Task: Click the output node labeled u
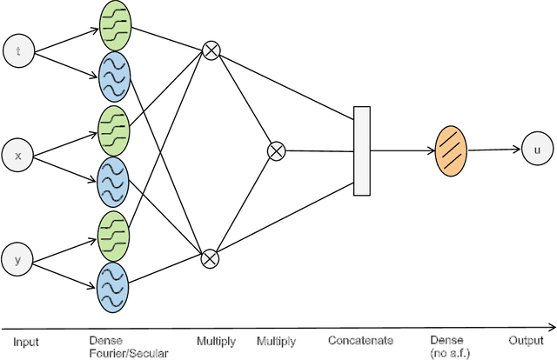tap(536, 150)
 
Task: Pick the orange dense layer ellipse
tap(451, 150)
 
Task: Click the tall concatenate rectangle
tap(362, 150)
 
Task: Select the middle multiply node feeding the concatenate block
tap(275, 150)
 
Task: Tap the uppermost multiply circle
tap(210, 50)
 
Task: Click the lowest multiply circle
tap(210, 257)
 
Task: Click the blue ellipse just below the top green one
tap(114, 76)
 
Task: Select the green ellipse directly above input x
tap(114, 129)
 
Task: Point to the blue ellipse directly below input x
tap(114, 180)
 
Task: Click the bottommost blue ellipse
tap(114, 284)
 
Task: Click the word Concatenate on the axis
tap(361, 341)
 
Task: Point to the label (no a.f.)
tap(449, 352)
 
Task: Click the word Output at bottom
tap(526, 341)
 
